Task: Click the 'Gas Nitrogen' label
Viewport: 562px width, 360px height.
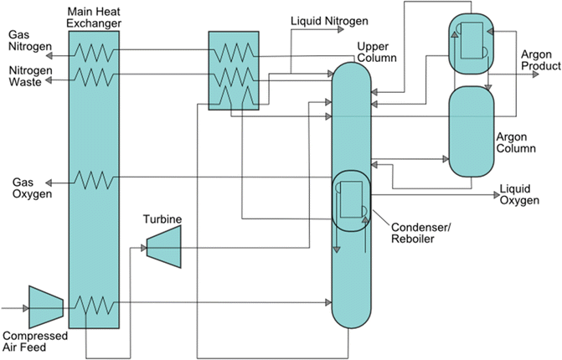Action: pyautogui.click(x=29, y=41)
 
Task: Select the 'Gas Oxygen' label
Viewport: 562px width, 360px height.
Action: pyautogui.click(x=29, y=188)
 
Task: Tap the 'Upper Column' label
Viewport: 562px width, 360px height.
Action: pyautogui.click(x=376, y=51)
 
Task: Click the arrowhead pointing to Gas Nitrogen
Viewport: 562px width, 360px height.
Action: pyautogui.click(x=51, y=51)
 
